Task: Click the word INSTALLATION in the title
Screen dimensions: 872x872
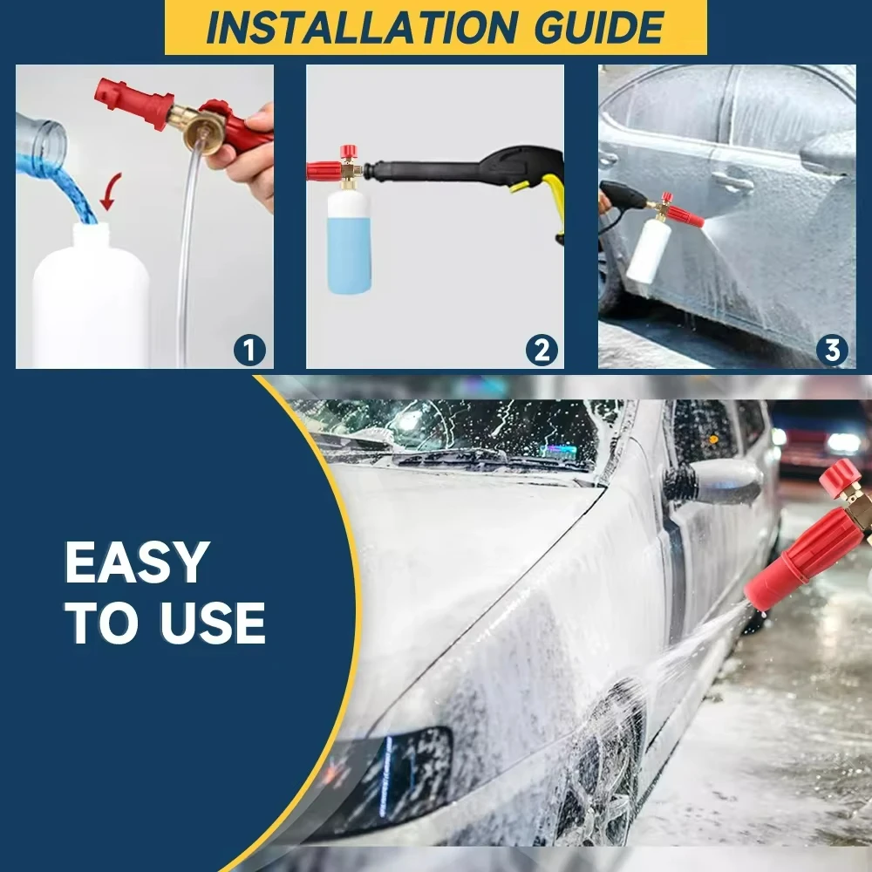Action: point(336,28)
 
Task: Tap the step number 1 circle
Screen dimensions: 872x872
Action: point(249,351)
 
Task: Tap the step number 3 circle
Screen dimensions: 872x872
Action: point(832,351)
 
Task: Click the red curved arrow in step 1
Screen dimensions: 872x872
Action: point(109,190)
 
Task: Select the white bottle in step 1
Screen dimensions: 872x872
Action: point(91,301)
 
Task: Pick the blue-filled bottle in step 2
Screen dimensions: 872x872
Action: point(349,240)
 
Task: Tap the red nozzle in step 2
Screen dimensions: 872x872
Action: point(324,169)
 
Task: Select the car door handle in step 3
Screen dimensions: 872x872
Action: point(731,181)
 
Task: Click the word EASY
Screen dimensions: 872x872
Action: point(137,562)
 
